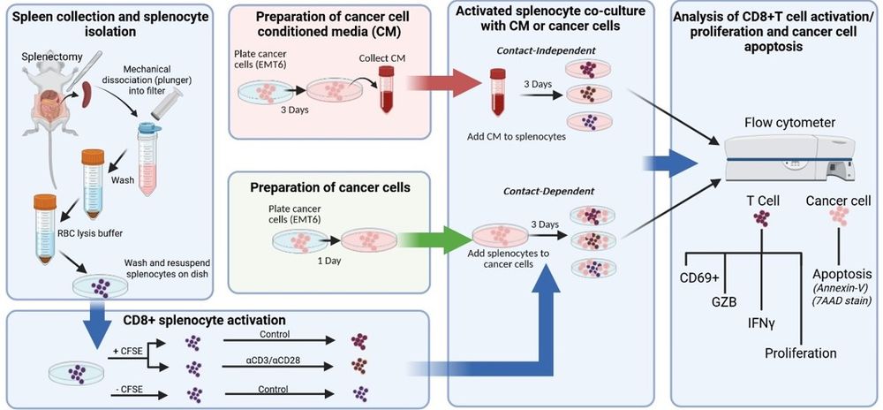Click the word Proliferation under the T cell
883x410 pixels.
[801, 353]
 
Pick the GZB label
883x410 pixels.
[723, 300]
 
